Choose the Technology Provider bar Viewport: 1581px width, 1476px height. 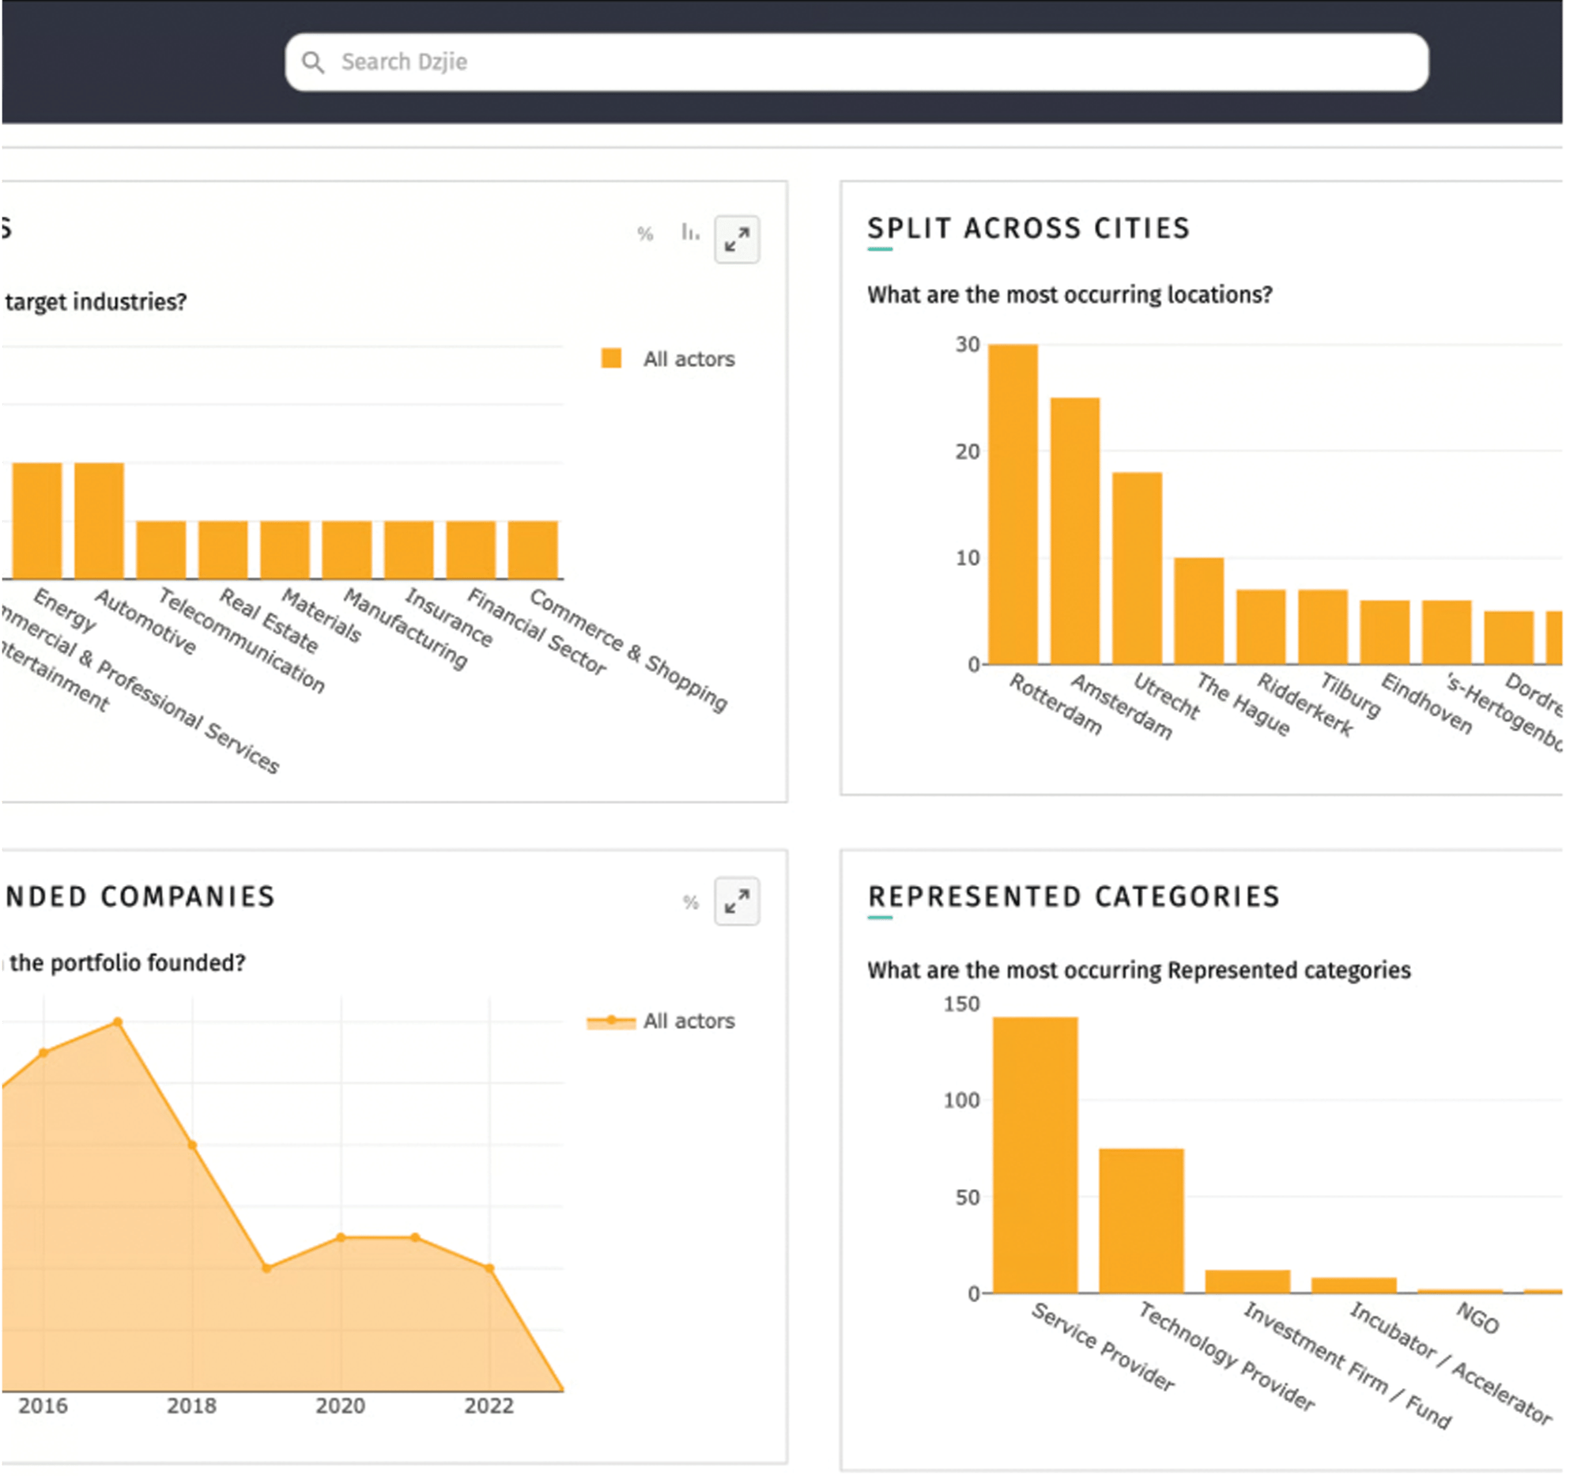[x=1141, y=1221]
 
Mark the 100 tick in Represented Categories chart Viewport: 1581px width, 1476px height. [x=961, y=1100]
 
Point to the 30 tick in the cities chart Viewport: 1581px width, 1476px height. [x=967, y=345]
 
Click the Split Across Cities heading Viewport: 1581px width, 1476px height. [x=1028, y=228]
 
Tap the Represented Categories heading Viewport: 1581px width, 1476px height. [x=1073, y=897]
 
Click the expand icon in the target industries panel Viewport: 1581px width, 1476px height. [x=737, y=239]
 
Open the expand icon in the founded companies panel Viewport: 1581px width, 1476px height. [x=737, y=901]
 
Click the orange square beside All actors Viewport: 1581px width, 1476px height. [x=611, y=358]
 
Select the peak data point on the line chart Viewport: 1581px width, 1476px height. [x=118, y=1022]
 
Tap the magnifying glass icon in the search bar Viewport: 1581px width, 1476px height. [x=313, y=62]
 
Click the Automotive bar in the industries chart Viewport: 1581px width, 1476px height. [x=100, y=520]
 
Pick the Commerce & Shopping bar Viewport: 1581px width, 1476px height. [x=533, y=549]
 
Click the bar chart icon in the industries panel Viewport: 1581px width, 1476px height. [x=689, y=232]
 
